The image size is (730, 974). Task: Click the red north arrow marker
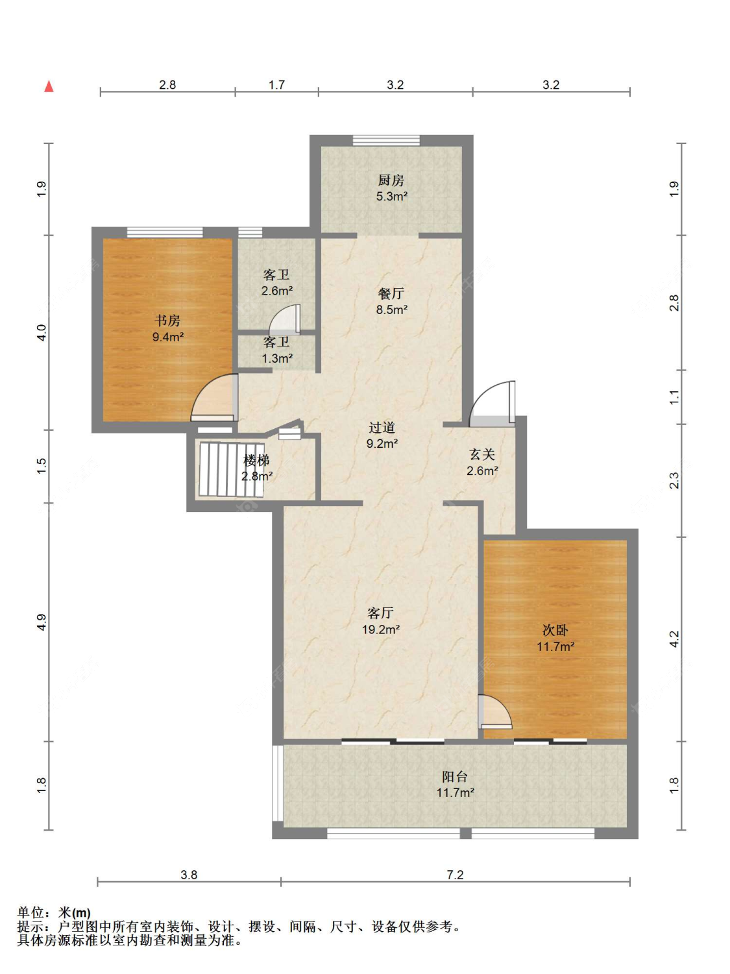coord(49,86)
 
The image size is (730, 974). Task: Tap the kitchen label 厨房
coord(391,180)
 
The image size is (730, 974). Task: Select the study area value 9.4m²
coord(168,337)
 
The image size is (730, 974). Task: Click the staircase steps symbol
coord(232,469)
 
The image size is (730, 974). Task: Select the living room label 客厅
coord(380,613)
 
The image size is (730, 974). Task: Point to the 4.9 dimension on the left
coord(42,622)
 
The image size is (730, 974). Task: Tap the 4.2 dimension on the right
coord(674,639)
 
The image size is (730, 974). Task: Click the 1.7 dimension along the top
coord(276,84)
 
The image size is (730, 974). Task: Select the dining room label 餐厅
coord(391,293)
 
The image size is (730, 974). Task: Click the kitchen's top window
coord(386,140)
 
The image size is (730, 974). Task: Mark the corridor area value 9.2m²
coord(382,443)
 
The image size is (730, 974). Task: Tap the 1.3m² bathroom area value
coord(277,358)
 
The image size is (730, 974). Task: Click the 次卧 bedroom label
coord(555,629)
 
